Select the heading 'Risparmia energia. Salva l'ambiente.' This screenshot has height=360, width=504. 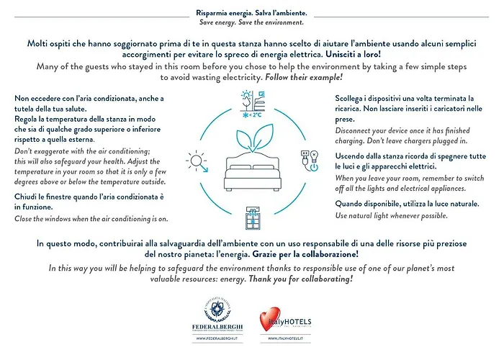(251, 13)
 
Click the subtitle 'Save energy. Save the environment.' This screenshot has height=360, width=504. (251, 23)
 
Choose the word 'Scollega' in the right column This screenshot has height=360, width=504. (352, 98)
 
